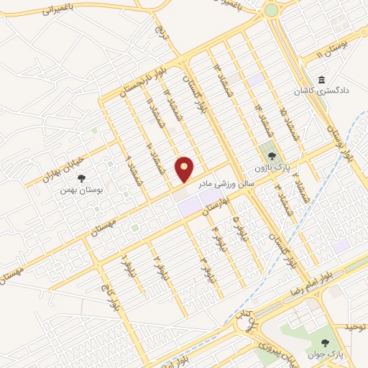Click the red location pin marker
[x=185, y=168]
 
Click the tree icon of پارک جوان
[x=326, y=343]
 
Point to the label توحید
[x=355, y=327]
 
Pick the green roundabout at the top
[x=272, y=10]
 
